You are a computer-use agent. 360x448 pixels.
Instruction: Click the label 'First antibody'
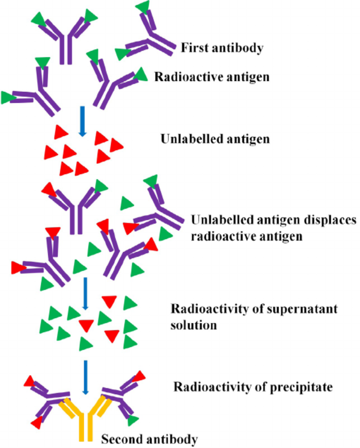[x=222, y=48]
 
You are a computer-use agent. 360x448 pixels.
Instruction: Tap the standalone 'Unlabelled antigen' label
[x=215, y=139]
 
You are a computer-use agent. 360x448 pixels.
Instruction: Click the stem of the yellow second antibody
[x=86, y=428]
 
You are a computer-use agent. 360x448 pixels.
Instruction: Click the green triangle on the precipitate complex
[x=133, y=420]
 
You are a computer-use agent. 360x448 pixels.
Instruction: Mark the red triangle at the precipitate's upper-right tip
[x=139, y=376]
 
